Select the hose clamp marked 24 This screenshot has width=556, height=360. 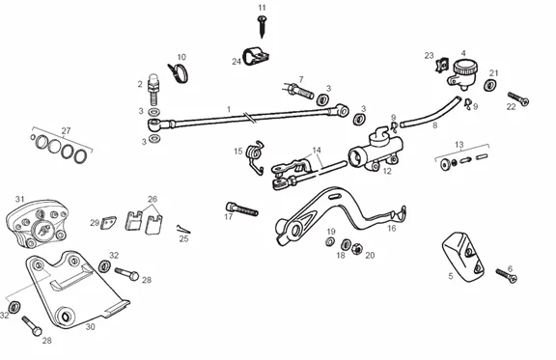click(255, 57)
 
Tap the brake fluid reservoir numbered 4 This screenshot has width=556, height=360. click(462, 73)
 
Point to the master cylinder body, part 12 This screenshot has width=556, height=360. click(375, 149)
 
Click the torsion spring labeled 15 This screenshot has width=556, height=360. click(255, 156)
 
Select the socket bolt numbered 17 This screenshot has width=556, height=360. click(242, 208)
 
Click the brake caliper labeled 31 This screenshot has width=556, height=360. click(38, 224)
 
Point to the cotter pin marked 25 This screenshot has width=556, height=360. click(183, 229)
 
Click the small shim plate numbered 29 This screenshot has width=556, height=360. click(108, 222)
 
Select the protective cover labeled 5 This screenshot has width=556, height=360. click(462, 257)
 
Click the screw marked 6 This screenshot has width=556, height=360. click(507, 276)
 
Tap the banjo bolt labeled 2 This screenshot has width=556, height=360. click(153, 90)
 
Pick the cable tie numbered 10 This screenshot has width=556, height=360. click(179, 72)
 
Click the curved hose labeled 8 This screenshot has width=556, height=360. click(431, 112)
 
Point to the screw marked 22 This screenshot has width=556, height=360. click(518, 98)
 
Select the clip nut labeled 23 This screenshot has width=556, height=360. click(441, 65)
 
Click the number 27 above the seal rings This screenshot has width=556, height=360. click(66, 131)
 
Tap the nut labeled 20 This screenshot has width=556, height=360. click(357, 248)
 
